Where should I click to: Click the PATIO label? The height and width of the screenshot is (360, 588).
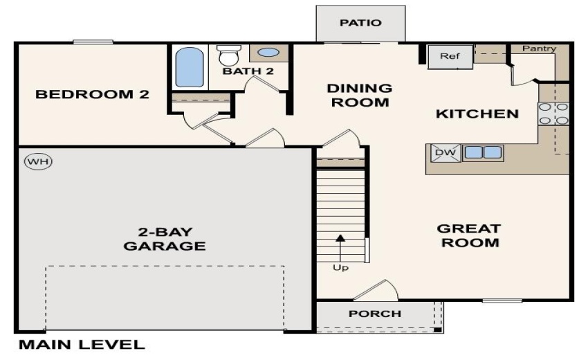point(360,23)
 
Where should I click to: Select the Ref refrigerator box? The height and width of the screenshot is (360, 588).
point(449,56)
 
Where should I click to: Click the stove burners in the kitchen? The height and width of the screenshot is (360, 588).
point(553,114)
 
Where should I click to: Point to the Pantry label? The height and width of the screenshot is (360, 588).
point(539,48)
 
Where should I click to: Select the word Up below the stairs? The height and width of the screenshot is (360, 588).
point(340,267)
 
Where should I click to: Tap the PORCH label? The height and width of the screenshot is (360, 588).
point(374,314)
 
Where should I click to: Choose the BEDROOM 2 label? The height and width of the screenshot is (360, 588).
point(92,94)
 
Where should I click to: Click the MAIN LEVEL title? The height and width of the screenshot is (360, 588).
point(82,344)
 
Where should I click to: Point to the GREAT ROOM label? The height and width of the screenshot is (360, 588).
point(468,235)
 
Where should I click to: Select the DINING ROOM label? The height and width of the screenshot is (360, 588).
point(359,96)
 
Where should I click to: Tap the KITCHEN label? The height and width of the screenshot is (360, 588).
point(477,114)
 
